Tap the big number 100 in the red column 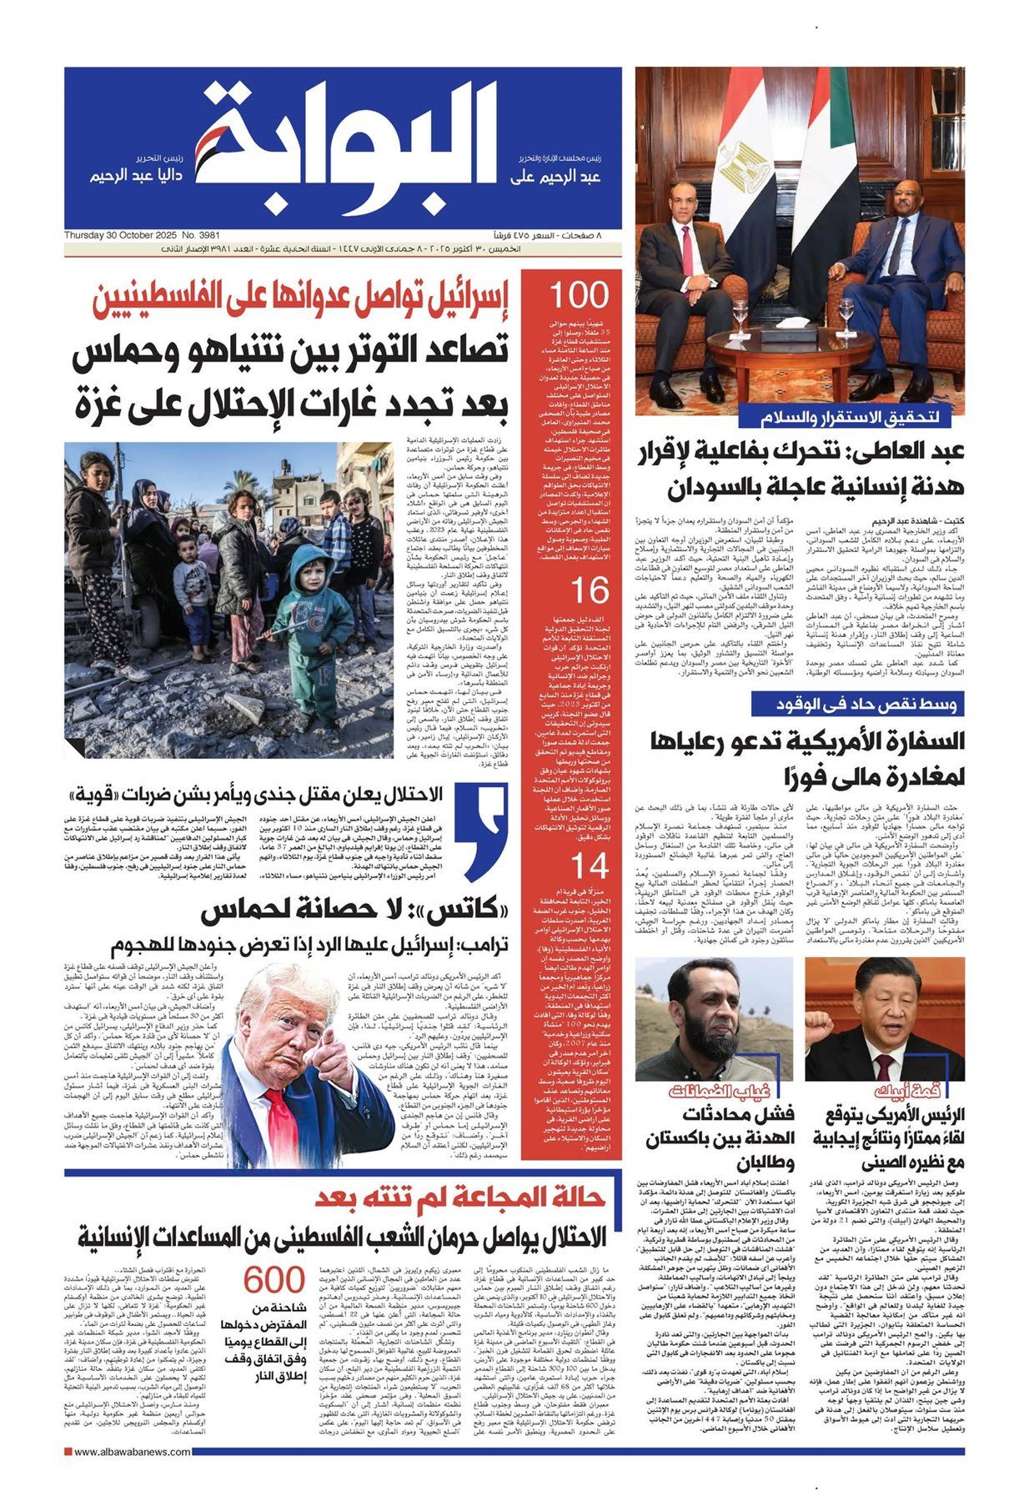[x=578, y=296]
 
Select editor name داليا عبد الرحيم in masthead [x=141, y=177]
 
